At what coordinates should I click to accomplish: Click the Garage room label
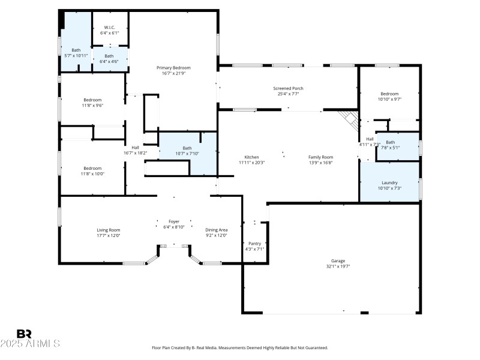point(338,261)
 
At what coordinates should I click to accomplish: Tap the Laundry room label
point(389,182)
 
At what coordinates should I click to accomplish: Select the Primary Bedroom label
point(173,67)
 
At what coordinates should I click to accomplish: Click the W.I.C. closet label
point(109,26)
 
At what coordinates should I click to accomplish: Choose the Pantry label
point(254,243)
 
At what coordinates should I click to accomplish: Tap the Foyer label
point(174,221)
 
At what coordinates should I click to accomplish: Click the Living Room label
point(109,230)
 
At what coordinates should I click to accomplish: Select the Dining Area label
point(216,230)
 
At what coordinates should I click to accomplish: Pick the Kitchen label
point(251,157)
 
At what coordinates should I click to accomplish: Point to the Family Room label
point(320,157)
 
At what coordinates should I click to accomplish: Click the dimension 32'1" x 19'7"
point(338,266)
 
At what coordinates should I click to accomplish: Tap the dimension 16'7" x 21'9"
point(173,73)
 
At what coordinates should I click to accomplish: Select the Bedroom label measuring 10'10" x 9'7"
point(389,94)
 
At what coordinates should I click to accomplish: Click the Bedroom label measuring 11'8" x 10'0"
point(92,168)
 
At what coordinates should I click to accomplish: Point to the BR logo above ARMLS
point(24,334)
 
